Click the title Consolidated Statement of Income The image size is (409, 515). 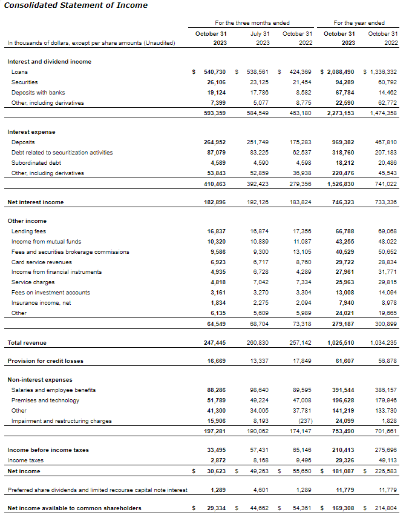click(x=76, y=5)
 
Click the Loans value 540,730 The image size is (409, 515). click(x=215, y=72)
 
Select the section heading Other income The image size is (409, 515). click(x=27, y=221)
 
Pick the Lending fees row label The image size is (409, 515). click(x=28, y=231)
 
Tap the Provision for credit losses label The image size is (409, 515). click(x=45, y=361)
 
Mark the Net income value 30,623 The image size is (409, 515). click(x=215, y=471)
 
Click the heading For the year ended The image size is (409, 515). click(x=359, y=23)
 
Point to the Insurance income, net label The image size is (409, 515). click(x=41, y=303)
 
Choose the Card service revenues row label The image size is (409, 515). click(x=42, y=262)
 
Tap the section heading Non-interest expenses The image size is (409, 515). click(x=39, y=380)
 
